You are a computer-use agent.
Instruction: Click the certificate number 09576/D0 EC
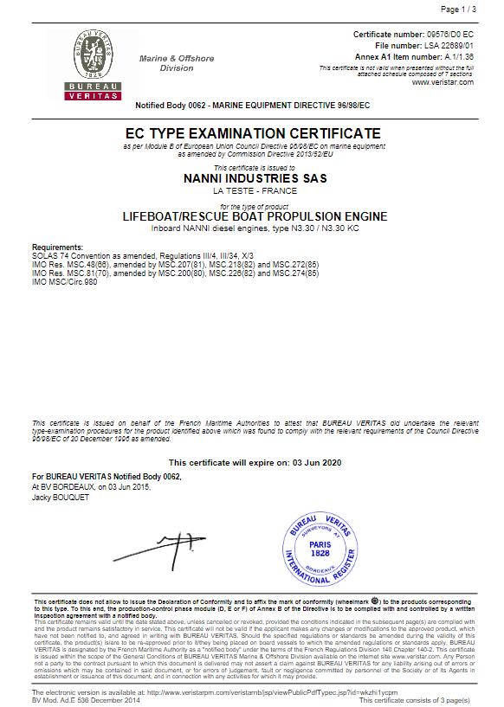(444, 33)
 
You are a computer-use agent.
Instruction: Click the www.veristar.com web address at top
(443, 82)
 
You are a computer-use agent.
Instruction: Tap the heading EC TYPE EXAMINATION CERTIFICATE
(252, 133)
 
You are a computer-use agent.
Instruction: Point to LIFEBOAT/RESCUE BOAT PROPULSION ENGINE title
(253, 216)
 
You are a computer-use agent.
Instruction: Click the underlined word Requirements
(57, 247)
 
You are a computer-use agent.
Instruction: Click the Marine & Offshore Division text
(177, 63)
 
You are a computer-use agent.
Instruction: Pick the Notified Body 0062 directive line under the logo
(253, 104)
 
